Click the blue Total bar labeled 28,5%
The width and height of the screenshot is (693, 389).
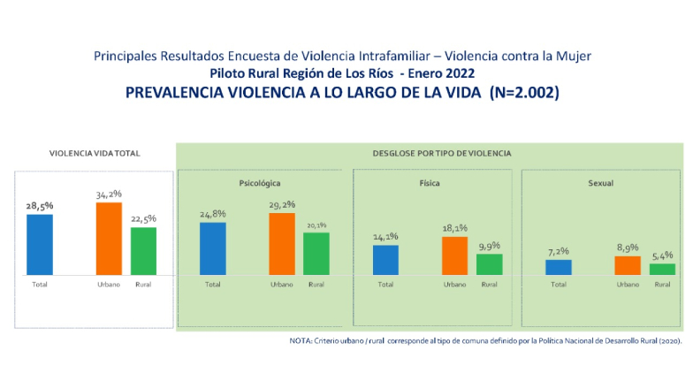[40, 245]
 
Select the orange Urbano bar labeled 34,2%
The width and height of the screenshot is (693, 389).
[109, 239]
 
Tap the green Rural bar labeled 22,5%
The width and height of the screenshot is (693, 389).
[143, 251]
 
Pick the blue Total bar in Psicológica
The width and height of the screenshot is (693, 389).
[213, 248]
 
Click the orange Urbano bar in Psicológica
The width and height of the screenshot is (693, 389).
[282, 244]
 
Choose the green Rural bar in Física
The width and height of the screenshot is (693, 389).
[489, 264]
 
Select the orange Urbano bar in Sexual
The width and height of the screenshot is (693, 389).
[628, 265]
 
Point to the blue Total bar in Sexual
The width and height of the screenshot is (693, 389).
[559, 267]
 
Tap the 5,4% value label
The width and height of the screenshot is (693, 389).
[662, 255]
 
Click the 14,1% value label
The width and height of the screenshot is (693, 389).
[386, 236]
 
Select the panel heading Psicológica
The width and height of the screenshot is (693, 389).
[260, 183]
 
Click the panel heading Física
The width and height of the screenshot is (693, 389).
[430, 183]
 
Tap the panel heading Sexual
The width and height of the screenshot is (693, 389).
[601, 183]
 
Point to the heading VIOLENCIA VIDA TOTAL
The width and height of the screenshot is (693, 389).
[95, 153]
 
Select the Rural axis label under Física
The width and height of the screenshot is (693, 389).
[489, 285]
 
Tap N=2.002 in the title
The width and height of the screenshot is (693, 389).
[522, 92]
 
